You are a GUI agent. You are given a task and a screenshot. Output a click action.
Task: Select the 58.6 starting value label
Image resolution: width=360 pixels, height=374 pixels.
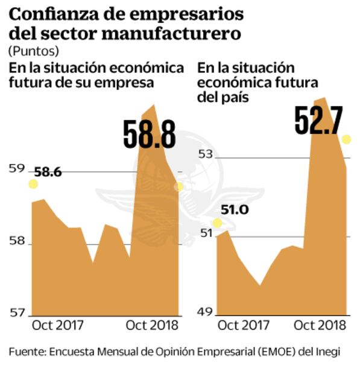(48, 173)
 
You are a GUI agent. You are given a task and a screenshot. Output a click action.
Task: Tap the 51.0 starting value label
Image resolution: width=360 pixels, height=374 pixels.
(235, 210)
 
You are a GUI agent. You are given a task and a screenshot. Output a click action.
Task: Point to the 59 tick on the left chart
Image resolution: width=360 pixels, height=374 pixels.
(16, 170)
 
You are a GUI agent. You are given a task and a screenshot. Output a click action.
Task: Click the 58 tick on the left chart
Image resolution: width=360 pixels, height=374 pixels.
(16, 241)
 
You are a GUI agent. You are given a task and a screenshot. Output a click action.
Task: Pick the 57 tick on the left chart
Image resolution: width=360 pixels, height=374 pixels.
(16, 312)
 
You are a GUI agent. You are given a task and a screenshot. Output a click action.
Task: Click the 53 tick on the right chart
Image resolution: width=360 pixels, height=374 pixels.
(206, 154)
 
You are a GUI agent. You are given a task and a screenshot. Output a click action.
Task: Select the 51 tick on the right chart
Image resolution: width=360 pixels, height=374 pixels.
(206, 233)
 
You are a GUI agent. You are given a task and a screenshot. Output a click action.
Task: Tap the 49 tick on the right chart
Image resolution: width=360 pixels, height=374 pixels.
(206, 312)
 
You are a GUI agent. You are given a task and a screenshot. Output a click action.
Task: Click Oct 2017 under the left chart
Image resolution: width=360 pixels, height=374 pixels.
(58, 325)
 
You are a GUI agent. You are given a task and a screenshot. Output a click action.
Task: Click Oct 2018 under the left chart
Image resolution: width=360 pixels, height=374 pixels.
(153, 325)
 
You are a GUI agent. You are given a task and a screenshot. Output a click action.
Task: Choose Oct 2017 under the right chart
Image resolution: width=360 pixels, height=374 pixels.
(243, 325)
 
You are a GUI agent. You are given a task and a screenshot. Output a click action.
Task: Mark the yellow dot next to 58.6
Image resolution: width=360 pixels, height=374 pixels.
(33, 183)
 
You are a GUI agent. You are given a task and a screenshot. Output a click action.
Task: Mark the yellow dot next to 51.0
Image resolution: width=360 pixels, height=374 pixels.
(218, 223)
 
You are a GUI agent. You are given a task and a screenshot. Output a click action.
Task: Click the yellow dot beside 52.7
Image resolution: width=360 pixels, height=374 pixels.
(346, 140)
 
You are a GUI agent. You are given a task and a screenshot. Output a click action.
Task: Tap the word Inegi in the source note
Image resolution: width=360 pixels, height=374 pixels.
(327, 352)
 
